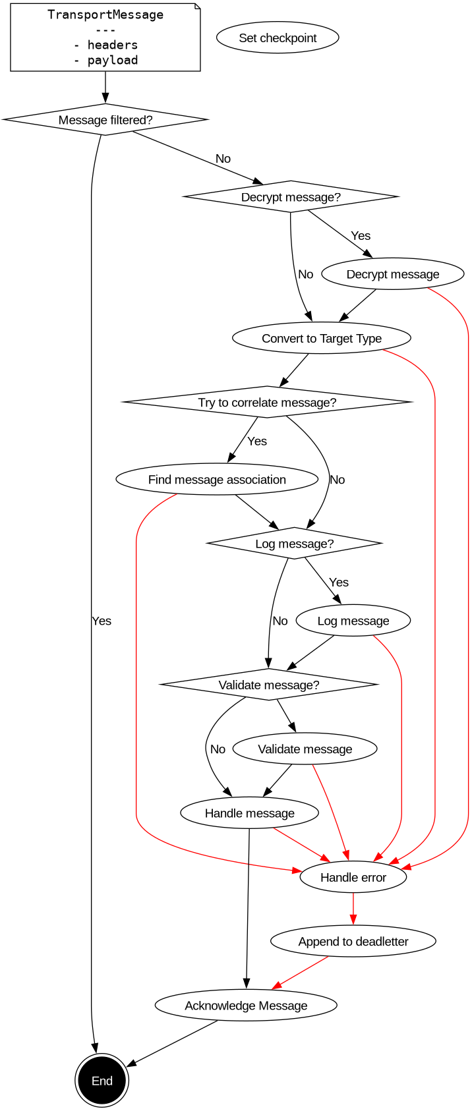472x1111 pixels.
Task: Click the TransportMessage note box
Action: tap(105, 37)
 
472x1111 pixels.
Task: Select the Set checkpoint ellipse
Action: tap(278, 38)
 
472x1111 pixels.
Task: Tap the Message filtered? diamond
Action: tap(105, 120)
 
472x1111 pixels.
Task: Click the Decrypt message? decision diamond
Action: tap(291, 197)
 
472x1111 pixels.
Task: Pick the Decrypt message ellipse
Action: tap(393, 274)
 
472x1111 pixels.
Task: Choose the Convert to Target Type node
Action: tap(322, 339)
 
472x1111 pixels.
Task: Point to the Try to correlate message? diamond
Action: tap(267, 403)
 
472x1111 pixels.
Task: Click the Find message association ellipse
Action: tap(217, 480)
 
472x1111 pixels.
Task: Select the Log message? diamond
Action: tap(294, 544)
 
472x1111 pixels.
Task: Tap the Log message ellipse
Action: tap(353, 621)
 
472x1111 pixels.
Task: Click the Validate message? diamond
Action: tap(269, 685)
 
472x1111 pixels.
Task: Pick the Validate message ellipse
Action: tap(305, 749)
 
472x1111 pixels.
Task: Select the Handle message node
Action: tap(249, 813)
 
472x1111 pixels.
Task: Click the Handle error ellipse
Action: tap(353, 878)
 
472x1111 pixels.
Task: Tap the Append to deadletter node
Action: tap(353, 942)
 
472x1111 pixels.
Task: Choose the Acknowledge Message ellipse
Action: tap(246, 1006)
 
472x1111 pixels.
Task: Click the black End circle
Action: tap(102, 1081)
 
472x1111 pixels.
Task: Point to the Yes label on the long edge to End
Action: tap(102, 621)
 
